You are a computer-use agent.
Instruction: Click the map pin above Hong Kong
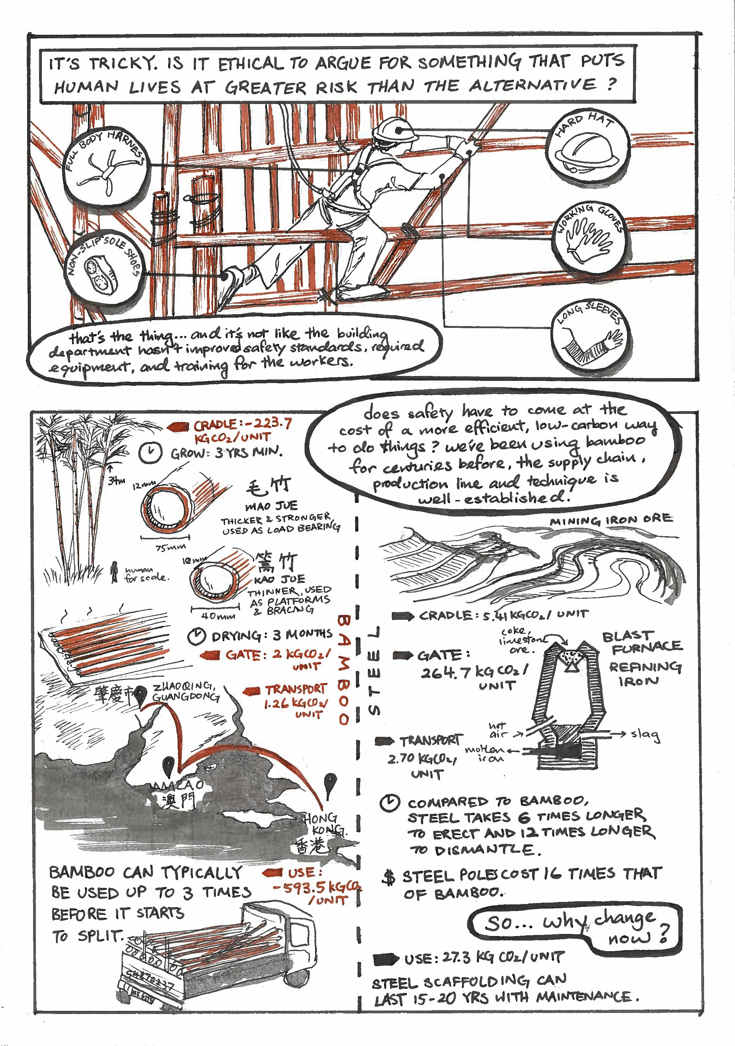click(x=330, y=784)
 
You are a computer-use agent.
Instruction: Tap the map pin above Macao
click(x=169, y=765)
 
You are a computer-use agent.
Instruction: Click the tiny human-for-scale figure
click(x=114, y=573)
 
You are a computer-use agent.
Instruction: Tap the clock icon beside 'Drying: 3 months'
click(x=197, y=636)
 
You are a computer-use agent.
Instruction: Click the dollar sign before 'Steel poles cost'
click(x=389, y=877)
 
